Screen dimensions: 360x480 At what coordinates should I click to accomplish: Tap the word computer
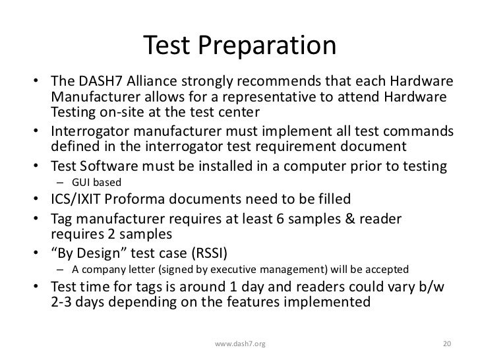(x=327, y=166)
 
